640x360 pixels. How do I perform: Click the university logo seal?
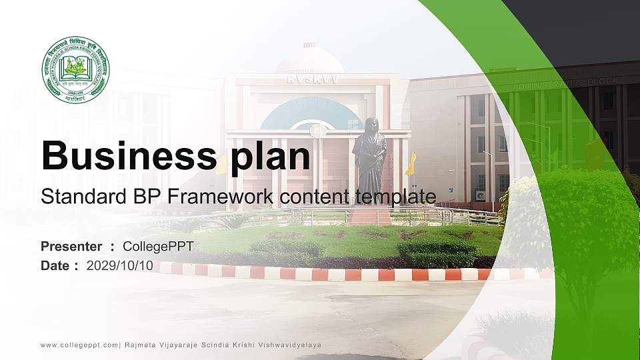click(75, 70)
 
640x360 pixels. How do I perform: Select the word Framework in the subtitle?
click(226, 197)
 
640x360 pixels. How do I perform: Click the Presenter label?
click(71, 247)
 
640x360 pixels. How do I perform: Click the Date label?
click(55, 265)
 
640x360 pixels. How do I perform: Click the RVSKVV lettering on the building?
click(312, 79)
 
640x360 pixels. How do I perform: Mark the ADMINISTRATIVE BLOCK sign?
click(565, 84)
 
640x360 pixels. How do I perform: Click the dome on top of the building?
click(310, 59)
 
